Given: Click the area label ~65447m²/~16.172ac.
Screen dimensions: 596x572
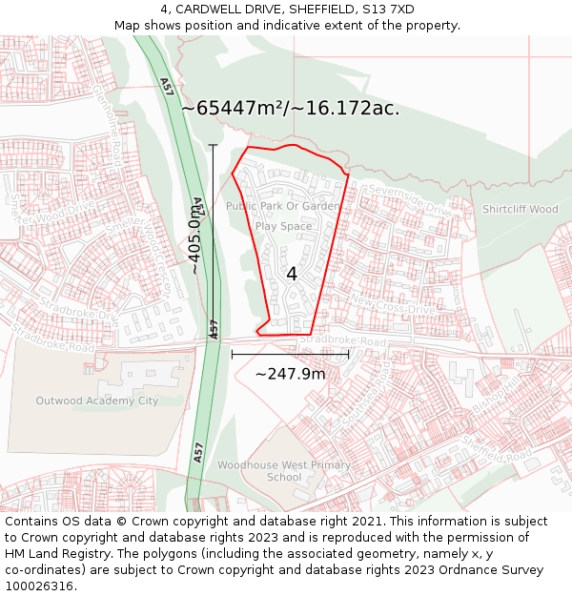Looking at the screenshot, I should click(x=290, y=108).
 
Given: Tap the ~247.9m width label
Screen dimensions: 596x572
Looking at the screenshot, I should click(x=290, y=374).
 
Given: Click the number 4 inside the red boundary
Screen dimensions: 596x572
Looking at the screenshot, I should click(x=292, y=274).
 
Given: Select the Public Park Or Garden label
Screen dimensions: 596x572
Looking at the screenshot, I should click(x=282, y=206).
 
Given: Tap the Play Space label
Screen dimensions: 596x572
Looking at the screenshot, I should click(x=283, y=226).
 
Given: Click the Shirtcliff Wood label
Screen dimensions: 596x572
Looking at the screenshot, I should click(x=520, y=209).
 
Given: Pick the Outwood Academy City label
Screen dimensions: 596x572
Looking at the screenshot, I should click(x=96, y=401).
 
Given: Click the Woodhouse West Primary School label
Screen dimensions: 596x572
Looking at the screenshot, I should click(x=284, y=471).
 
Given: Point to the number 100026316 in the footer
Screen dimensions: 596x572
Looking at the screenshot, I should click(x=39, y=586).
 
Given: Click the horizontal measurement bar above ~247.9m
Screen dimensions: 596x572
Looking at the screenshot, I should click(x=290, y=354).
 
